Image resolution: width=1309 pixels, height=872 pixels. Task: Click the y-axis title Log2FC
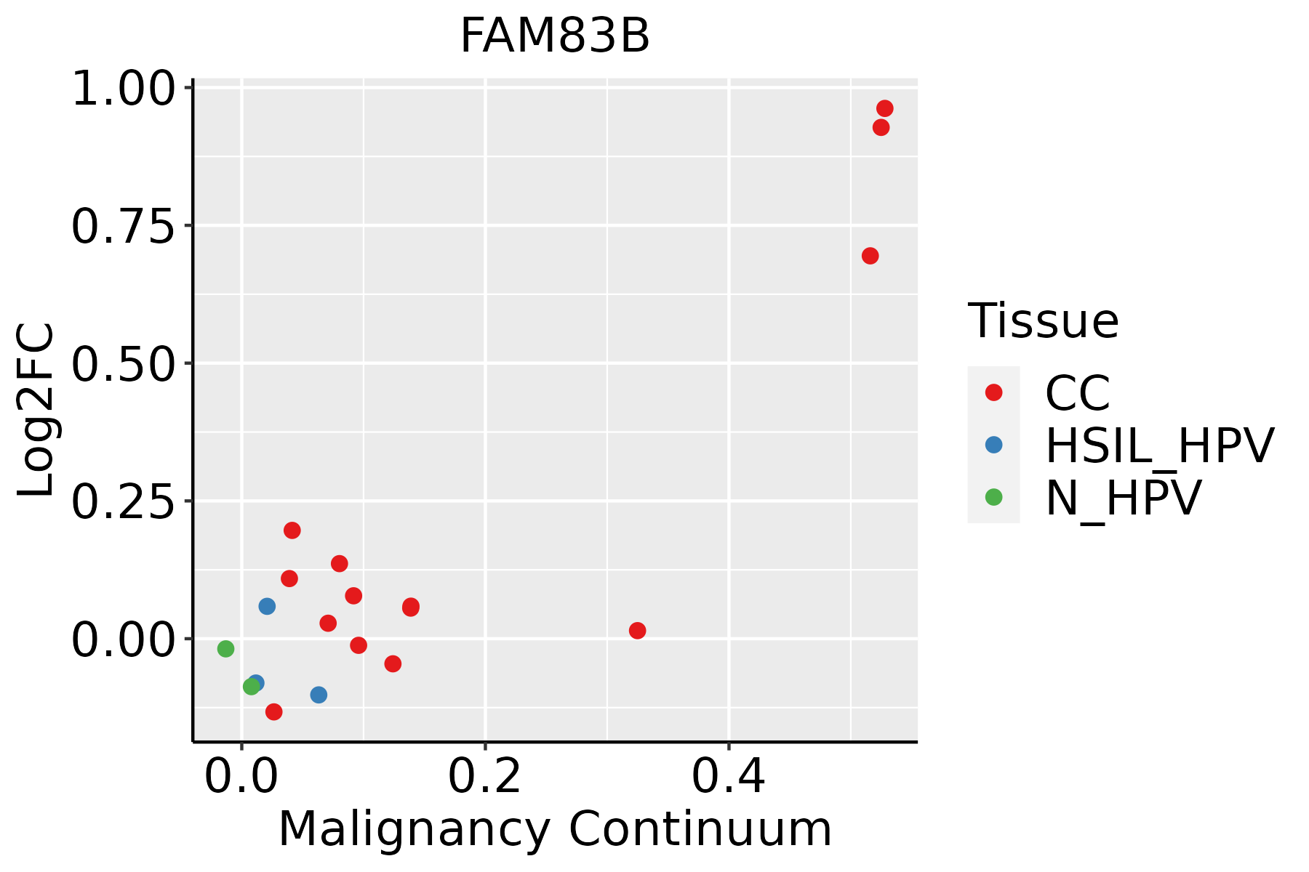point(36,410)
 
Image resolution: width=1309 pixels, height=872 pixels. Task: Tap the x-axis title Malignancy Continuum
point(555,829)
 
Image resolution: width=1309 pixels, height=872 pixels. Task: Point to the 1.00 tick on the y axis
point(124,90)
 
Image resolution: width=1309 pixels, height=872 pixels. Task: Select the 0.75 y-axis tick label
point(124,227)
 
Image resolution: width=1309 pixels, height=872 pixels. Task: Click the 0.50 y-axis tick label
point(124,364)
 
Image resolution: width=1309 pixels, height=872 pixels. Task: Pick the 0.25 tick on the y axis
point(124,502)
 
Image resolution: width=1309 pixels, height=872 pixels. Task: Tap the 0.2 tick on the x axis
point(484,776)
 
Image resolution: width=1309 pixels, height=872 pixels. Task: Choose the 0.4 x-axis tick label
point(728,776)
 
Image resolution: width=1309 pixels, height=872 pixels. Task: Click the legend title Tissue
point(1043,320)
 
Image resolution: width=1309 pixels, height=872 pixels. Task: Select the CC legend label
point(1077,393)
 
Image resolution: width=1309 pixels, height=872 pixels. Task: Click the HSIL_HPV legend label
point(1159,445)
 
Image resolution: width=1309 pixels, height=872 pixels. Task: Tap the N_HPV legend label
point(1123,498)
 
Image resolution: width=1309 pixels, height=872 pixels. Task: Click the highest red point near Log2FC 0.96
point(885,108)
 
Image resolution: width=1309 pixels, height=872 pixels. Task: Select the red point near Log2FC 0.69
point(870,256)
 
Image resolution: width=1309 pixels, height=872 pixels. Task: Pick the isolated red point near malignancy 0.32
point(637,630)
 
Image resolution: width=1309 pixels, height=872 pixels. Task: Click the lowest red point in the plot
point(273,711)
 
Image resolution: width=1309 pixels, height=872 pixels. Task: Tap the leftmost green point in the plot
point(225,648)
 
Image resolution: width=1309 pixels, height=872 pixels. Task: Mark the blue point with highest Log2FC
point(267,606)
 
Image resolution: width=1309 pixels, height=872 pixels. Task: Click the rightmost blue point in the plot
point(319,695)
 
